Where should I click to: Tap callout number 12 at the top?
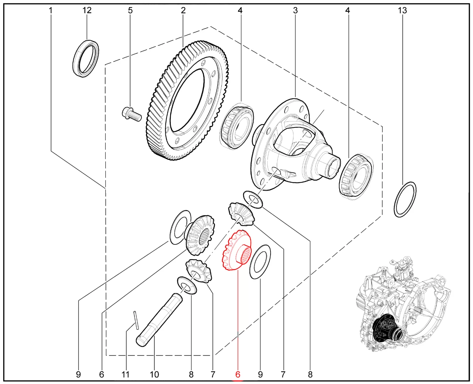tap(87, 10)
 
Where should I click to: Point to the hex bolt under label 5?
tap(132, 115)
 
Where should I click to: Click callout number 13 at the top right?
tap(402, 10)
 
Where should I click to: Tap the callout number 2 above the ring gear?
tap(183, 10)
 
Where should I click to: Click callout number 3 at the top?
tap(295, 10)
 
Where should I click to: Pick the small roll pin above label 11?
tap(136, 320)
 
